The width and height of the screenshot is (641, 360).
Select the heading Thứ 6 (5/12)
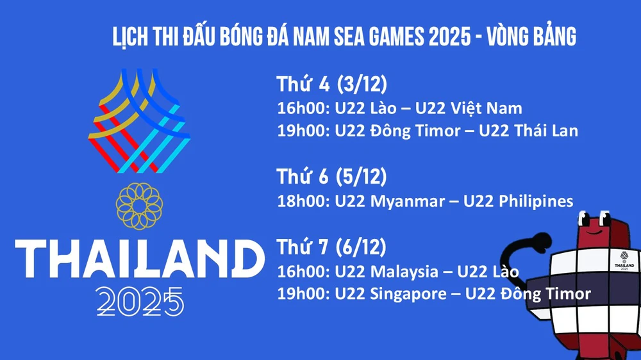click(x=332, y=177)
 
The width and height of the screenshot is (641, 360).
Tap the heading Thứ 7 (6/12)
click(x=332, y=247)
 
